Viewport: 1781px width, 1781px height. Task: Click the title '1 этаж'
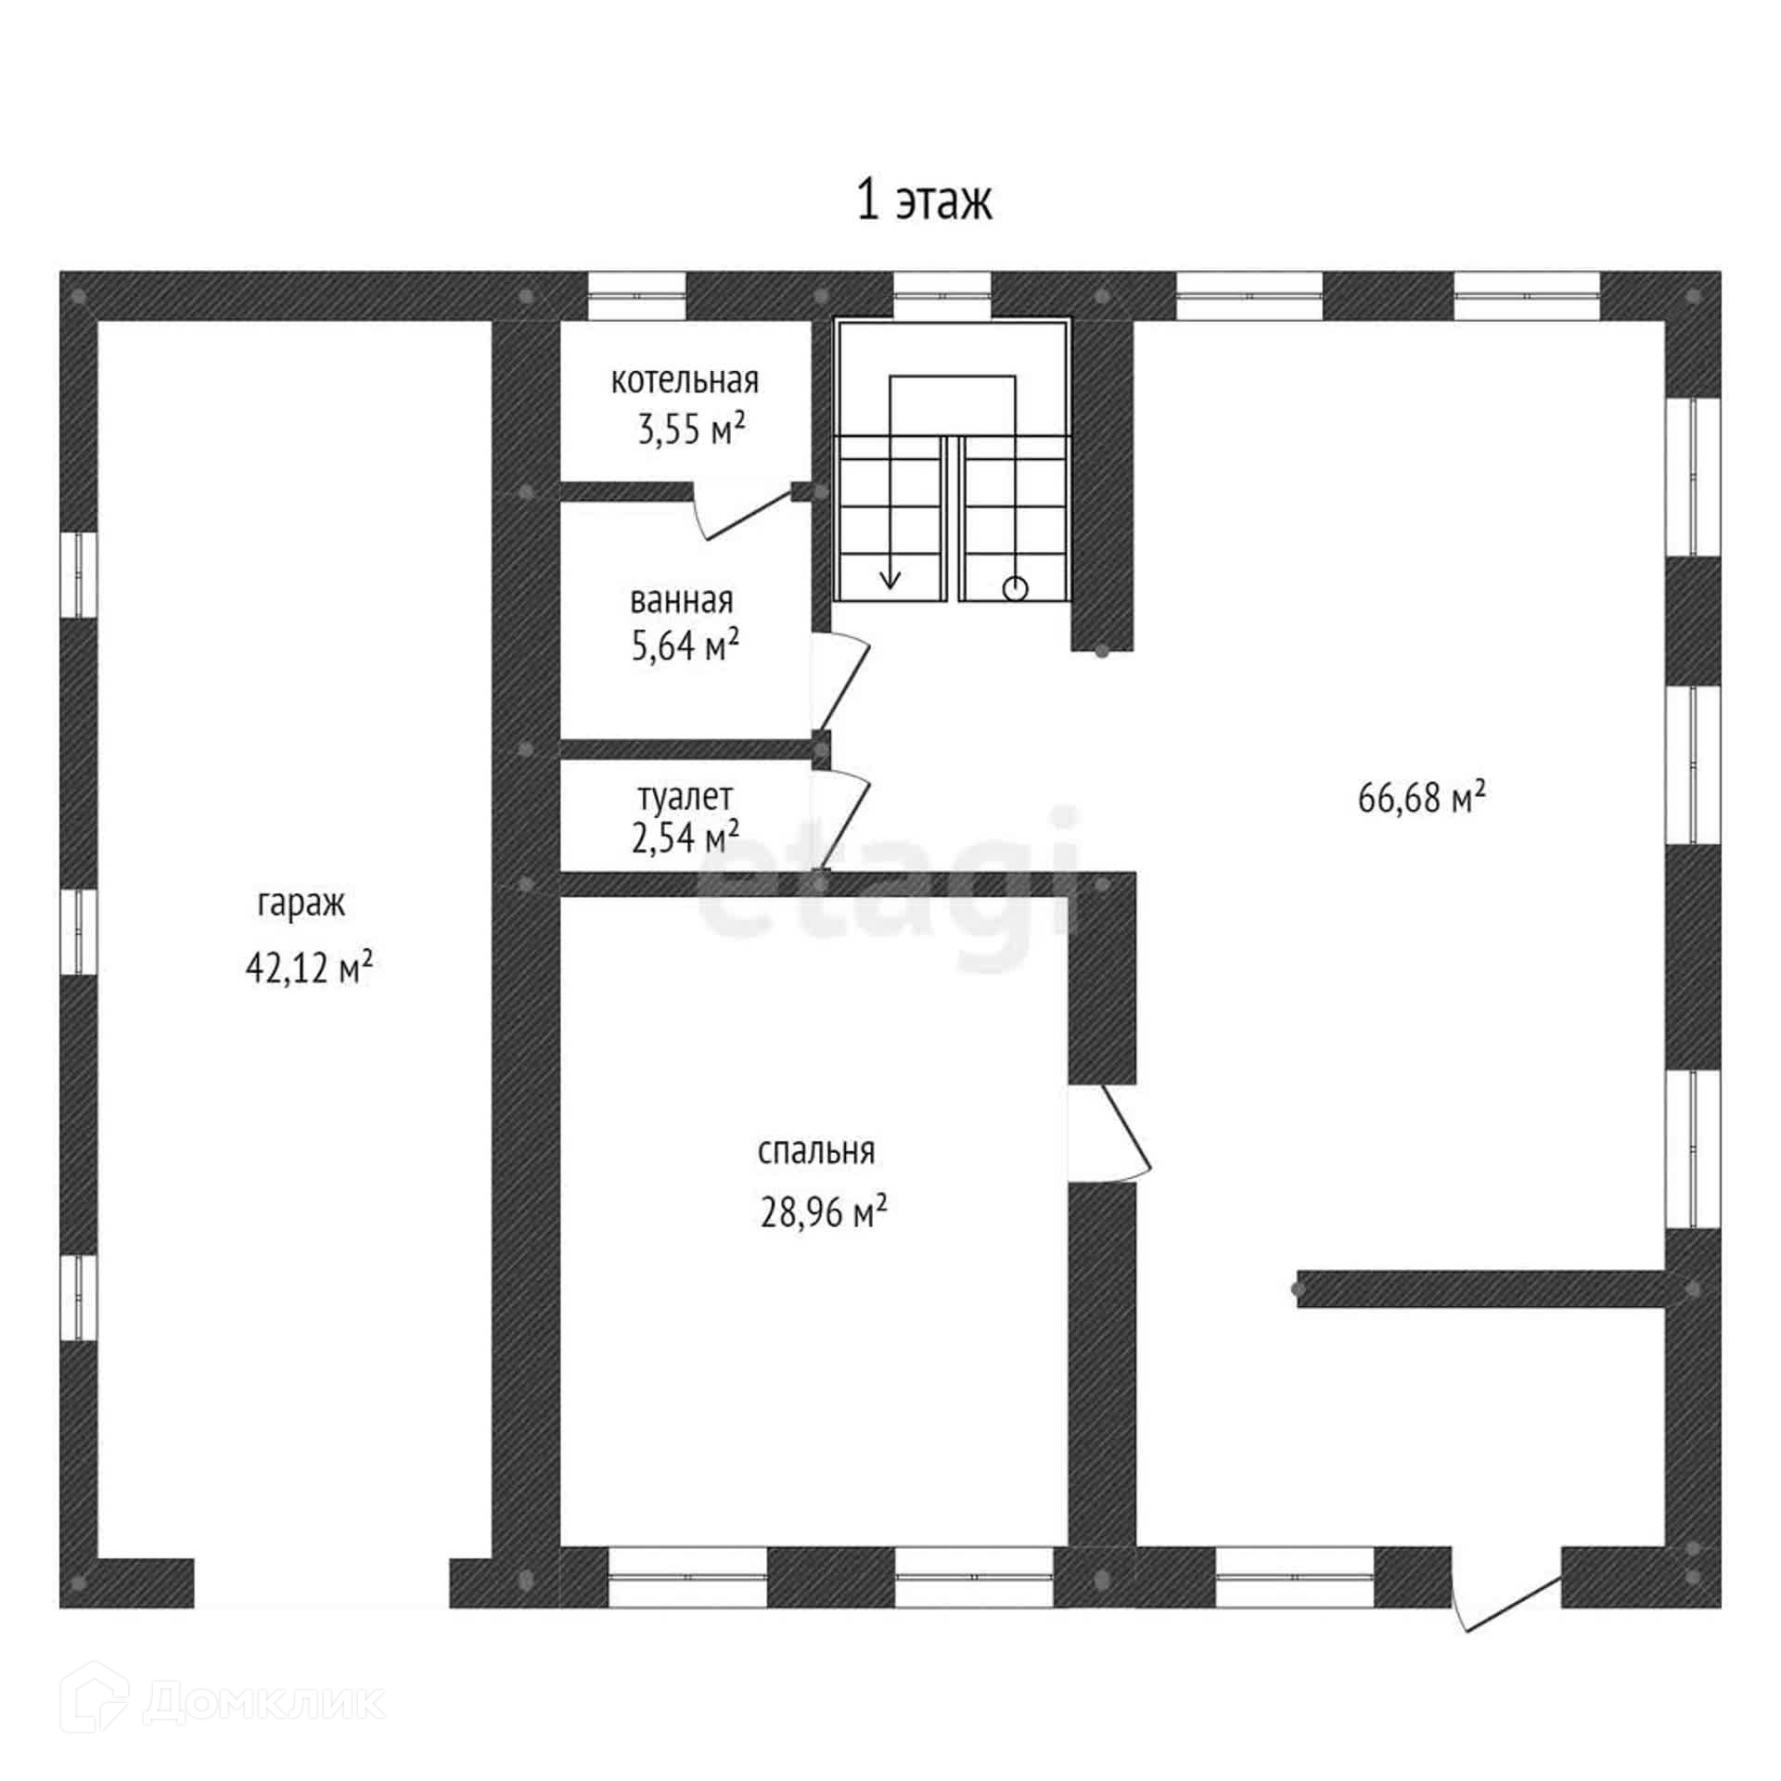point(924,201)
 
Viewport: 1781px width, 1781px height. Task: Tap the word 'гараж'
point(301,903)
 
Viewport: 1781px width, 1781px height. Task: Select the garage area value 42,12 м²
point(309,968)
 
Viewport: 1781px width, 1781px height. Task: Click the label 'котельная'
point(685,380)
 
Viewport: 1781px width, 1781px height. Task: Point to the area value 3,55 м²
point(691,429)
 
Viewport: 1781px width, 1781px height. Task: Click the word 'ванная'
point(682,601)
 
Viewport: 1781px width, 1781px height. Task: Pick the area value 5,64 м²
point(685,646)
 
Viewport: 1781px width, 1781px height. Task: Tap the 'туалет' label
point(685,796)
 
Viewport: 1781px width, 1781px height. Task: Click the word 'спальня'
point(816,1151)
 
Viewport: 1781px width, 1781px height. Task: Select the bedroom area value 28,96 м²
point(824,1212)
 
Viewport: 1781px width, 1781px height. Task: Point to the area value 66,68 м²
point(1421,797)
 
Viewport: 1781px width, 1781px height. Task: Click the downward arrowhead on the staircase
point(890,580)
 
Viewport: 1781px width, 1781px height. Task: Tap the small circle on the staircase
point(1016,588)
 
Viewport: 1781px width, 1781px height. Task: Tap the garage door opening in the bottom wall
point(322,1582)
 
